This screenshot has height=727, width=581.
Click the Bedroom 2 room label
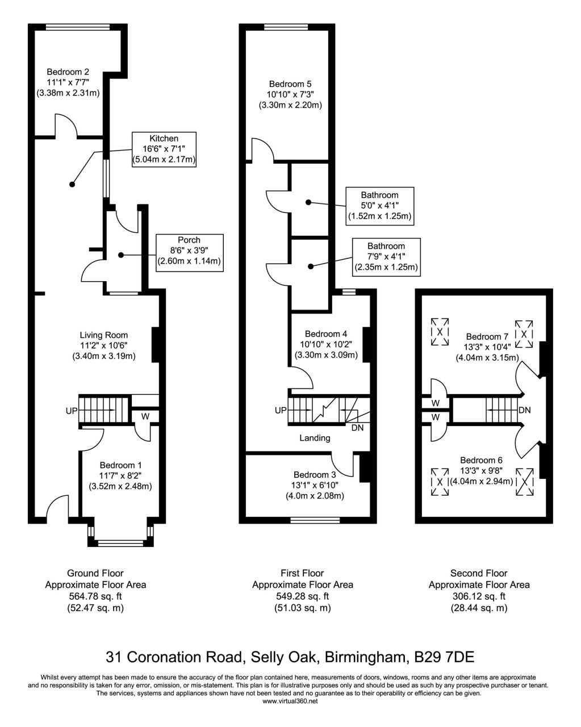click(x=68, y=72)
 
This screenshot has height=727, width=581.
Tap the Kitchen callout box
click(x=164, y=149)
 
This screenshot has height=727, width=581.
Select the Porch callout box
click(x=189, y=250)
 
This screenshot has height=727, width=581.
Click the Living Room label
click(x=103, y=335)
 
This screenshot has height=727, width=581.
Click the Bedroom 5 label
click(x=290, y=83)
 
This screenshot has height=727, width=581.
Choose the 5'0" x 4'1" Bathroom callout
click(x=379, y=205)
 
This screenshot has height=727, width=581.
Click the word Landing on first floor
click(x=315, y=438)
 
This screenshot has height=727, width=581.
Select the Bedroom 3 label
click(x=315, y=474)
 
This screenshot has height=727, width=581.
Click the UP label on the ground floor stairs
click(x=71, y=409)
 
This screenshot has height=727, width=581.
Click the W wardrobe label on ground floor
click(x=145, y=416)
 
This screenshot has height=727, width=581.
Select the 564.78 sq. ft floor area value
click(x=95, y=596)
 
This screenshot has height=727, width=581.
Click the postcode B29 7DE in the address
click(x=444, y=657)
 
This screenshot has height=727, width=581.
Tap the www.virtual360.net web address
click(x=290, y=701)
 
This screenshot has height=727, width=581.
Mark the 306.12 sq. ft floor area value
click(x=478, y=596)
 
